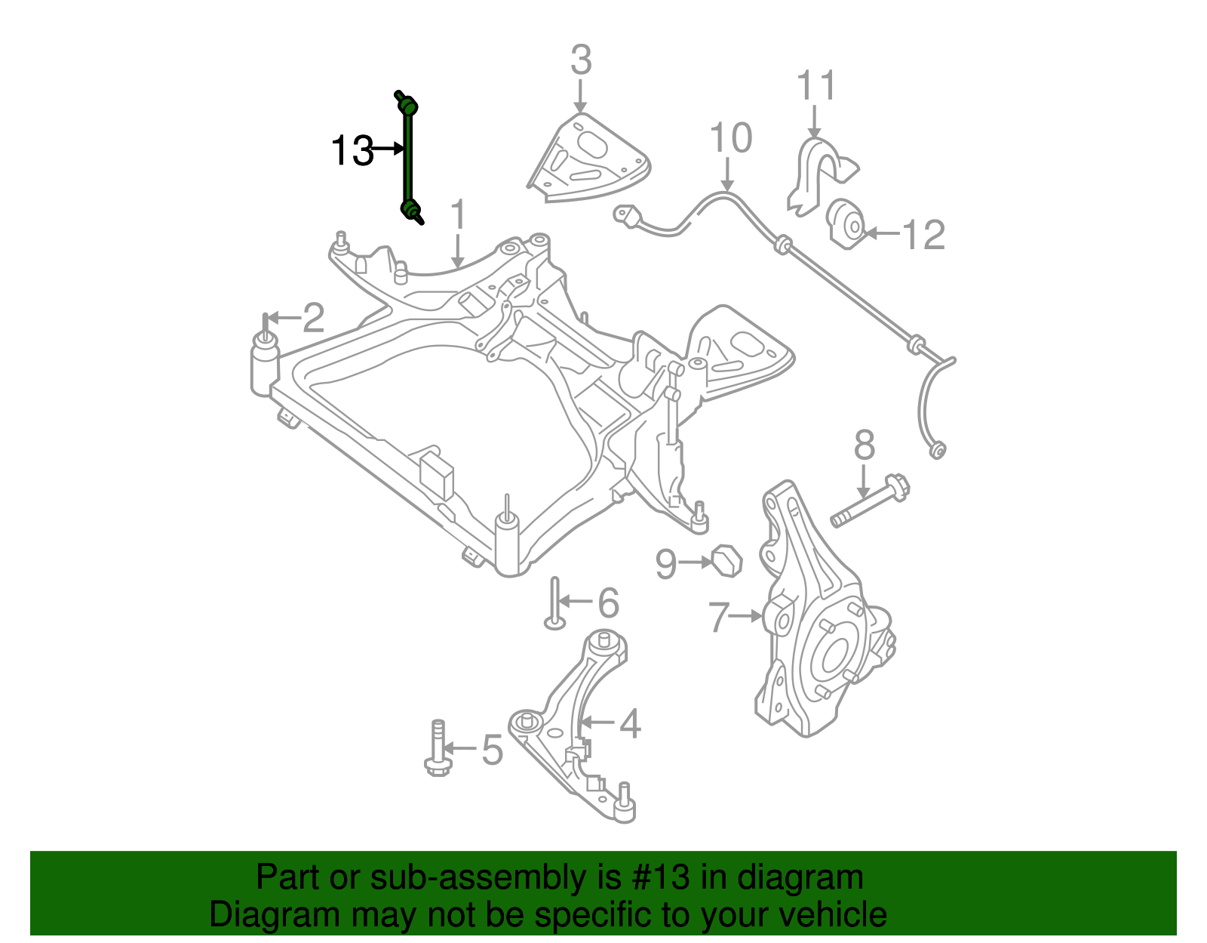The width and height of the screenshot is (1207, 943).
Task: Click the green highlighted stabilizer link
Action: [x=408, y=159]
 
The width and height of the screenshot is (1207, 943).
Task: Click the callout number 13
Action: [x=352, y=150]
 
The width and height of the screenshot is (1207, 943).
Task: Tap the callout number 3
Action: [x=580, y=60]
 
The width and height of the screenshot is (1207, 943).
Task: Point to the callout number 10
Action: [x=730, y=138]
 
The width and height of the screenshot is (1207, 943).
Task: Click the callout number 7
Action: [x=719, y=618]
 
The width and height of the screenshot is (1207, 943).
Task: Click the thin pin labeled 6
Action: [x=555, y=604]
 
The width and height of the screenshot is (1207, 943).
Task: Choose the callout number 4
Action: [x=630, y=724]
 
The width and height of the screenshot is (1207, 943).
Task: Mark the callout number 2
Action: [x=313, y=318]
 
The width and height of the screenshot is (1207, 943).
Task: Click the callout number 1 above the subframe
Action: [x=458, y=216]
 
